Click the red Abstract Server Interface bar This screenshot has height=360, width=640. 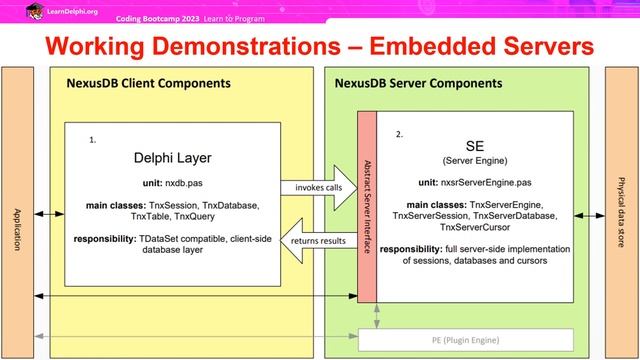point(366,205)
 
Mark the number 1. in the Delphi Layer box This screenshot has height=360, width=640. point(93,141)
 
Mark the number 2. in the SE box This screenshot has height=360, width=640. point(399,133)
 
